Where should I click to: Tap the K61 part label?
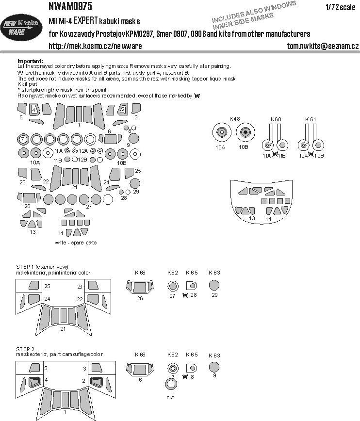311,119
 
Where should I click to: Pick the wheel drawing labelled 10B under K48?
245,132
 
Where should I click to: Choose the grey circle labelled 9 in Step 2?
214,367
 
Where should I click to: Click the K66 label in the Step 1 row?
140,273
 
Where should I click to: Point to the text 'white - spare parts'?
75,243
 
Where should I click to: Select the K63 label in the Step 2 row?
214,355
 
